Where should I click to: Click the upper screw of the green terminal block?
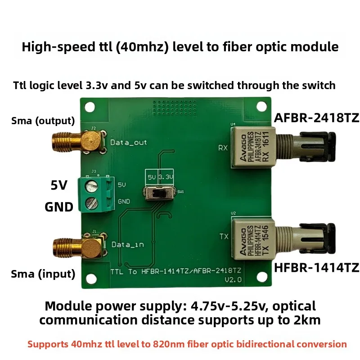pos(92,186)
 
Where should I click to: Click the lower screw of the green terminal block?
pos(92,203)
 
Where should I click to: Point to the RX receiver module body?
pos(253,147)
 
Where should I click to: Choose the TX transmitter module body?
pos(253,239)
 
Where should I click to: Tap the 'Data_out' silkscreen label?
pos(129,143)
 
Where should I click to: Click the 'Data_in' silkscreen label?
pos(128,245)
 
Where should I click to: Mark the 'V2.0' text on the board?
pos(233,279)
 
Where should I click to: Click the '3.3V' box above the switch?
pos(166,177)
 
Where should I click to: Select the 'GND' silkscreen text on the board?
pos(124,201)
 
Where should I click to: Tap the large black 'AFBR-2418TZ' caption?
pos(317,118)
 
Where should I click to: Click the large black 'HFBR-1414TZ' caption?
pos(317,267)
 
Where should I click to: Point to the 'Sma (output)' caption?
pos(43,121)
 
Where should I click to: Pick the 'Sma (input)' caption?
pos(43,274)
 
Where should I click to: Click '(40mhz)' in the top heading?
pos(142,47)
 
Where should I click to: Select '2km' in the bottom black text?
pos(307,320)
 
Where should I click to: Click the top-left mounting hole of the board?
pos(90,107)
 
